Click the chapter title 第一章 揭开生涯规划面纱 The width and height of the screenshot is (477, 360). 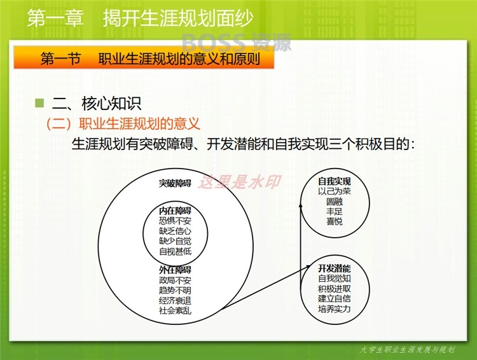(141, 18)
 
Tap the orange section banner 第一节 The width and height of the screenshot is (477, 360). (144, 57)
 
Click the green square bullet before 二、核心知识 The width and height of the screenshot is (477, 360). (39, 103)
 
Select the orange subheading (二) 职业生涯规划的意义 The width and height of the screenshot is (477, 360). (123, 123)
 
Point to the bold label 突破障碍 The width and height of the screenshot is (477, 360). (176, 183)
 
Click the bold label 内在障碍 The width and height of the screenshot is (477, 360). (176, 211)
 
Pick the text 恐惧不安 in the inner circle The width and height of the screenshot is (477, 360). (176, 221)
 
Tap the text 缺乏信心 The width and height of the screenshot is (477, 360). (176, 231)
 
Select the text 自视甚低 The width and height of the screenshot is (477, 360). (176, 251)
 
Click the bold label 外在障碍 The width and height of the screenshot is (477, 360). (176, 270)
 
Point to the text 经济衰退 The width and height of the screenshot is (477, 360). (176, 300)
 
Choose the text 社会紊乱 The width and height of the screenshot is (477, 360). (176, 310)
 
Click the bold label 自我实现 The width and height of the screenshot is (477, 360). (335, 181)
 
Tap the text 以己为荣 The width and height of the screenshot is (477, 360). (335, 191)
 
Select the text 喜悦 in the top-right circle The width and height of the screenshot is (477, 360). (335, 221)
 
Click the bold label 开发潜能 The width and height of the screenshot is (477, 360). (335, 268)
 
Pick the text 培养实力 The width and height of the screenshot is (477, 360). (335, 309)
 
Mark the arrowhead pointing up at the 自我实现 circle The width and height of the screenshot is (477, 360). (301, 206)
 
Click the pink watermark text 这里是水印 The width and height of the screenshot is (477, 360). (239, 182)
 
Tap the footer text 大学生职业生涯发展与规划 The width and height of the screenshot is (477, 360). (407, 350)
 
